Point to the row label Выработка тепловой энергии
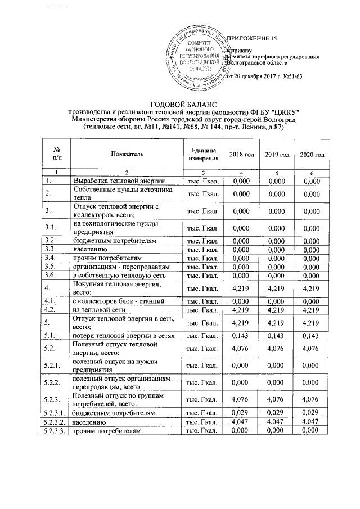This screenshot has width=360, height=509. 119,181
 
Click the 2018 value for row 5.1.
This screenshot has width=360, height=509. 241,335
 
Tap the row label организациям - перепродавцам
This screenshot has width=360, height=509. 115,265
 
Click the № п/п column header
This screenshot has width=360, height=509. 56,154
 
